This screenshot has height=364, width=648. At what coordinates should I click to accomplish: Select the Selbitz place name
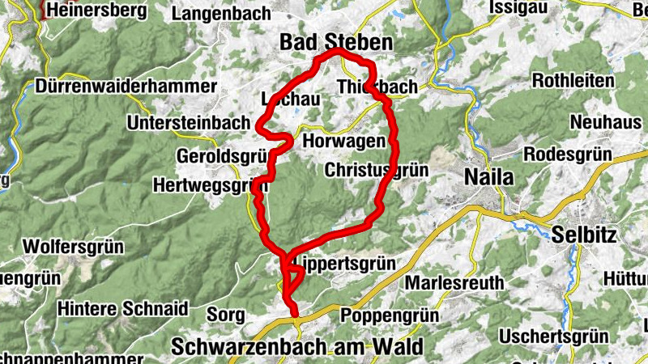(584, 235)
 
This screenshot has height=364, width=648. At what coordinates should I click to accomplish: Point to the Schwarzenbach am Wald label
(296, 347)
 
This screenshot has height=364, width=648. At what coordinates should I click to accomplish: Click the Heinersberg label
(96, 11)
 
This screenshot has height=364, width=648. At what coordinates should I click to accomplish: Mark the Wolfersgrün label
(75, 244)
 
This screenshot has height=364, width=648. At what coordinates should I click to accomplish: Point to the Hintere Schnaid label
(122, 308)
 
